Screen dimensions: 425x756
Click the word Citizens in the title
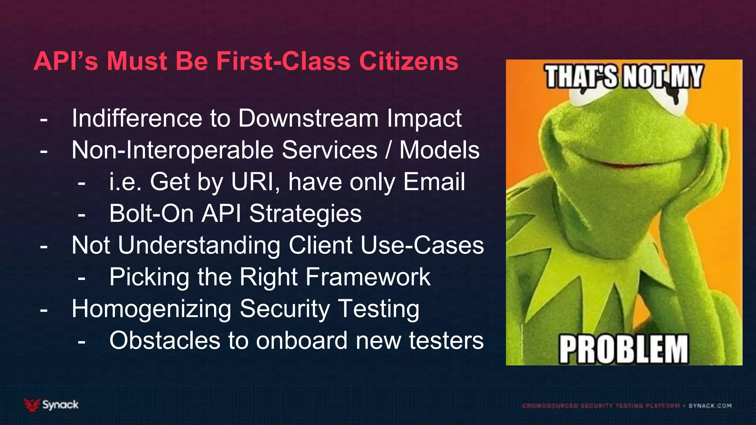(x=409, y=61)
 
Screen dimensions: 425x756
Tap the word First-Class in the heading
(x=283, y=61)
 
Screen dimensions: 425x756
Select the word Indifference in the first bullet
(x=137, y=118)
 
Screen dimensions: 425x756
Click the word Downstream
(x=308, y=118)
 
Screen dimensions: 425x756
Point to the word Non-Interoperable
(x=172, y=150)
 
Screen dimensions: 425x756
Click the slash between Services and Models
(x=388, y=150)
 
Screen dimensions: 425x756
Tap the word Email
(x=434, y=182)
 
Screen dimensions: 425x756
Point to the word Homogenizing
(x=151, y=309)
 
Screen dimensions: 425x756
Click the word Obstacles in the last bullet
(x=165, y=341)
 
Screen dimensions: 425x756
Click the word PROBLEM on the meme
(x=623, y=349)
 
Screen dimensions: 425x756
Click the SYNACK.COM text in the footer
(x=710, y=406)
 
